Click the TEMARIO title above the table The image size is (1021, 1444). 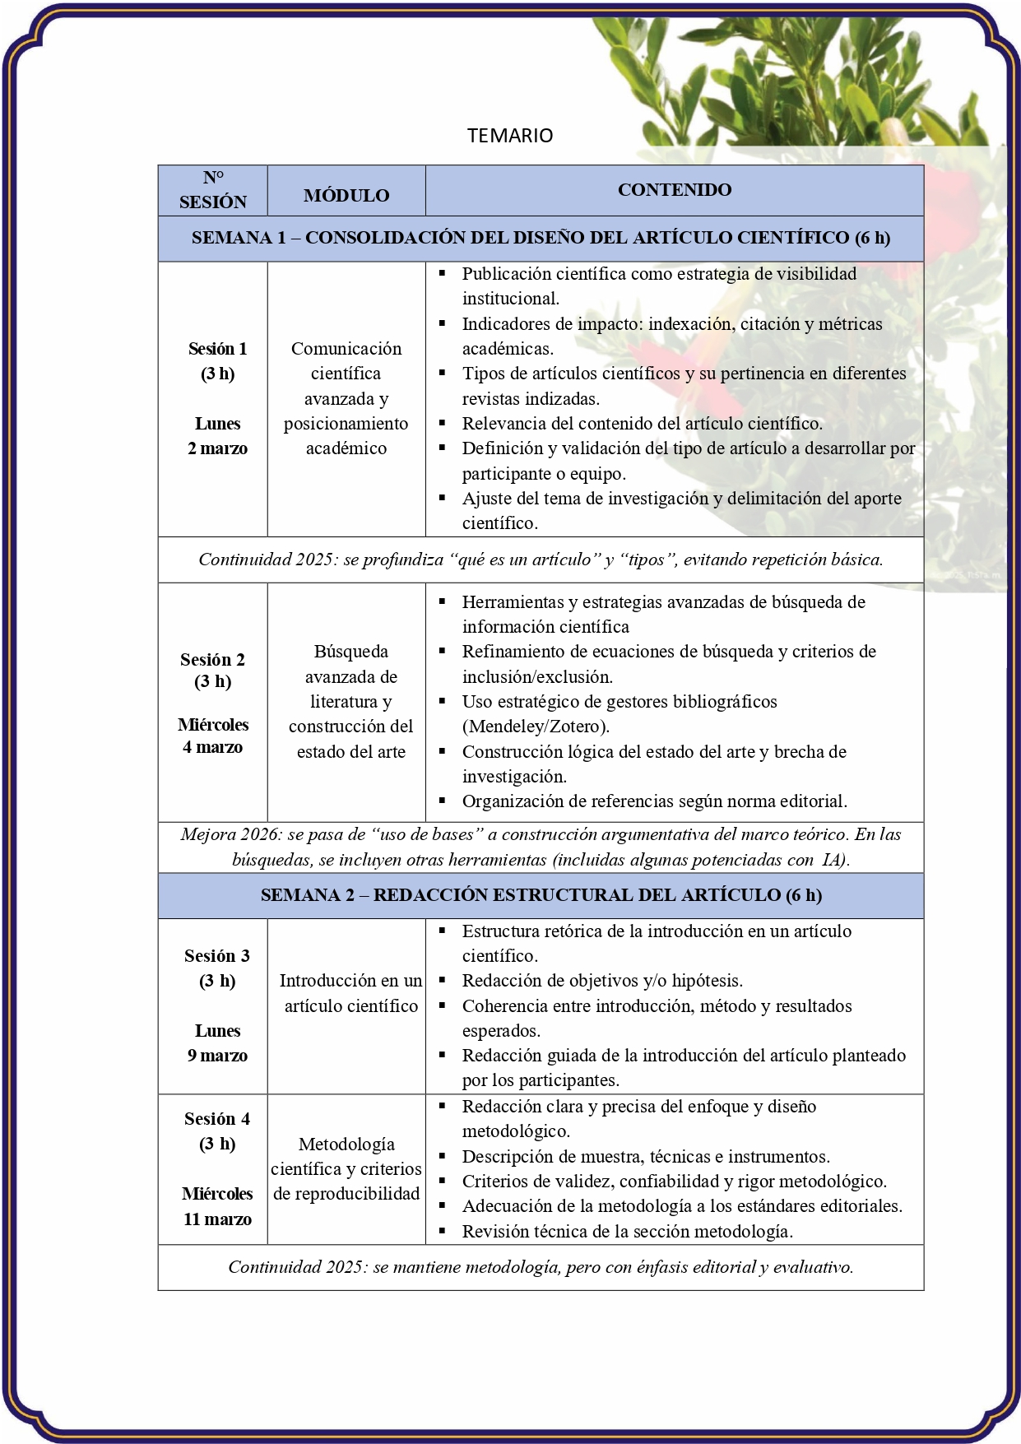point(510,136)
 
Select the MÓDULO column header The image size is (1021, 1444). point(346,196)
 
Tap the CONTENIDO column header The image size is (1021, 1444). point(675,190)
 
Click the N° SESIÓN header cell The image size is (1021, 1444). point(213,190)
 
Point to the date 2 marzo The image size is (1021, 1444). point(217,448)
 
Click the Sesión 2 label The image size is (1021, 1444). point(212,660)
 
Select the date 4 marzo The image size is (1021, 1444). point(212,747)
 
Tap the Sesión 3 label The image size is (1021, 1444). point(217,956)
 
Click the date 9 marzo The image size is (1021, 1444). point(217,1056)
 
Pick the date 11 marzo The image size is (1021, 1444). point(217,1219)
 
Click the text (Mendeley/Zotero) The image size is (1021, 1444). point(536,727)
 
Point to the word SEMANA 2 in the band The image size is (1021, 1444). point(308,895)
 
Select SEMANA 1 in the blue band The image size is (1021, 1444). point(239,238)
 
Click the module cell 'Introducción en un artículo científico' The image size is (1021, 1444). point(351,993)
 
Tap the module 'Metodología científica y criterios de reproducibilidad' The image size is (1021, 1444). point(346,1169)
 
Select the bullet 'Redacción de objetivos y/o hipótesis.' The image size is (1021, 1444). point(602,981)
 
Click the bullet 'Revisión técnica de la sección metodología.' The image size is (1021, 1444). point(628,1232)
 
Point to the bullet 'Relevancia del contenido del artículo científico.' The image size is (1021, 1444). point(642,424)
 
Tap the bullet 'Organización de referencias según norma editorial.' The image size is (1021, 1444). point(654,801)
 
